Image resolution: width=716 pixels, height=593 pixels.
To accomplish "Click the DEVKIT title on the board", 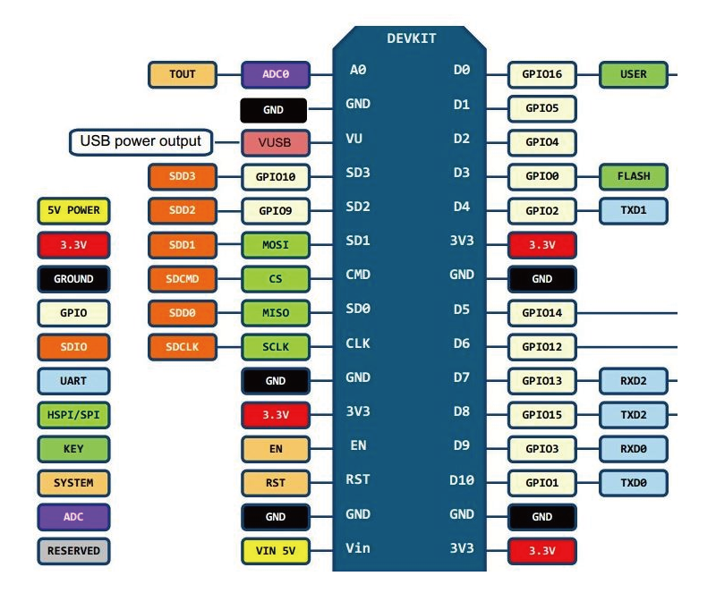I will pyautogui.click(x=412, y=39).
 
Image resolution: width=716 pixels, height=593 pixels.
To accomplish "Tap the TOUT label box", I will pyautogui.click(x=183, y=74).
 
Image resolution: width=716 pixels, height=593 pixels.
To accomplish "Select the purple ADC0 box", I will pyautogui.click(x=275, y=74).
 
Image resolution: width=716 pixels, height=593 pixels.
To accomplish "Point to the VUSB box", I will pyautogui.click(x=275, y=142).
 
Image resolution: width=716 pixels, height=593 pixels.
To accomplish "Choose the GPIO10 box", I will pyautogui.click(x=275, y=176).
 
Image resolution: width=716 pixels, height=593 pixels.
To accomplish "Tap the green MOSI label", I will pyautogui.click(x=275, y=244).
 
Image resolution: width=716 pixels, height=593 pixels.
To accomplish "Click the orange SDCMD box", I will pyautogui.click(x=183, y=278).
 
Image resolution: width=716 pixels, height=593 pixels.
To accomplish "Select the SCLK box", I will pyautogui.click(x=275, y=346).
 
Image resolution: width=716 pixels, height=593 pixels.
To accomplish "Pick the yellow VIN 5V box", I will pyautogui.click(x=275, y=551).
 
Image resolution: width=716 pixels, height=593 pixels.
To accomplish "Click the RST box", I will pyautogui.click(x=275, y=483).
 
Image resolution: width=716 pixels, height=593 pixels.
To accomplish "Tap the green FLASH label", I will pyautogui.click(x=634, y=176).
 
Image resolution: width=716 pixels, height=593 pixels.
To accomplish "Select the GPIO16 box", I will pyautogui.click(x=541, y=74).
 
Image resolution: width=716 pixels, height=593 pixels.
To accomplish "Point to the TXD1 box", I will pyautogui.click(x=634, y=210).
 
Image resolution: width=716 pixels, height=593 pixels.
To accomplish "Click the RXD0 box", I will pyautogui.click(x=634, y=449).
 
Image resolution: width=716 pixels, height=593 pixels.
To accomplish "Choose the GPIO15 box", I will pyautogui.click(x=541, y=415).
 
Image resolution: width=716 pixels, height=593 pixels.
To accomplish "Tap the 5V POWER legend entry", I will pyautogui.click(x=73, y=210).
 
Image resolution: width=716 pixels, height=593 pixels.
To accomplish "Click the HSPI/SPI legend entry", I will pyautogui.click(x=73, y=415).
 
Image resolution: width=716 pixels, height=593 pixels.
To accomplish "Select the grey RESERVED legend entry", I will pyautogui.click(x=73, y=551).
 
